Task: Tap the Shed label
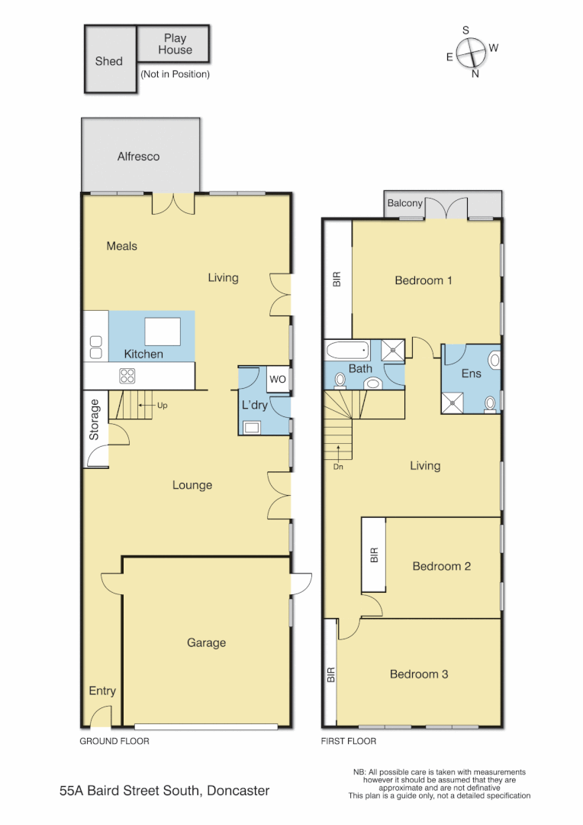(x=108, y=61)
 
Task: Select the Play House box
(x=174, y=44)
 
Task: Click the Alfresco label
(x=138, y=157)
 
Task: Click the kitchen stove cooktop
(x=127, y=376)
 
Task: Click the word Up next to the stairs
(x=162, y=406)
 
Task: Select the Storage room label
(x=95, y=419)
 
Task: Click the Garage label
(x=206, y=642)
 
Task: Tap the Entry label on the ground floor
(x=102, y=691)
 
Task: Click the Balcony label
(x=404, y=203)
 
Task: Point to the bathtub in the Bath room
(x=348, y=351)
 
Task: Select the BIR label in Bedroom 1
(x=337, y=280)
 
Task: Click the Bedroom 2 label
(x=441, y=566)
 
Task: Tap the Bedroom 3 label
(x=418, y=674)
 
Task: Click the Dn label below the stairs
(x=339, y=466)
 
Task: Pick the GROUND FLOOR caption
(x=114, y=741)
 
